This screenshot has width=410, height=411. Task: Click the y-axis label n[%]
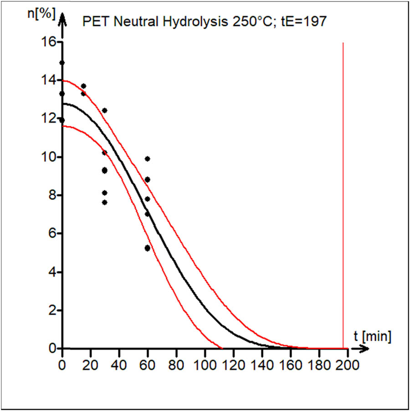pos(41,14)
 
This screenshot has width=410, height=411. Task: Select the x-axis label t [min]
pos(372,336)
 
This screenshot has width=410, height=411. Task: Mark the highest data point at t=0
pos(62,62)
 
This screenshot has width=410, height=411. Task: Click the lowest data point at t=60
pos(147,248)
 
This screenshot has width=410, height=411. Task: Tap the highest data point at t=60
pos(147,159)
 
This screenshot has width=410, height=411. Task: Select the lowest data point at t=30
pos(104,202)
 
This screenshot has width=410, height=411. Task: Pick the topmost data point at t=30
pos(104,110)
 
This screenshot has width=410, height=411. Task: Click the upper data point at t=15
pos(83,86)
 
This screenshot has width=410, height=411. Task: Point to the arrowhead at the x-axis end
pos(364,349)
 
